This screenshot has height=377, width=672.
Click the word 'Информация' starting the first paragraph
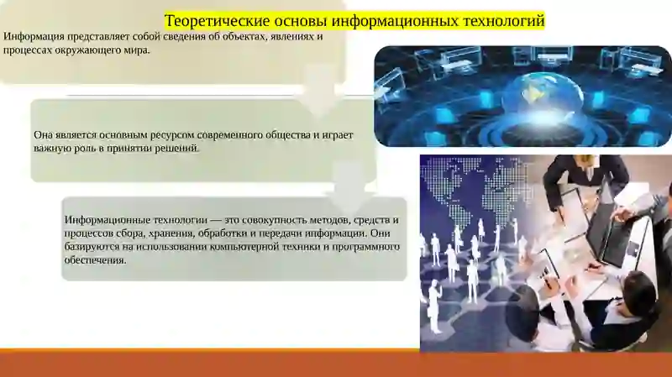click(33, 37)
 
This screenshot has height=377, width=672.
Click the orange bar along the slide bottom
click(336, 363)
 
